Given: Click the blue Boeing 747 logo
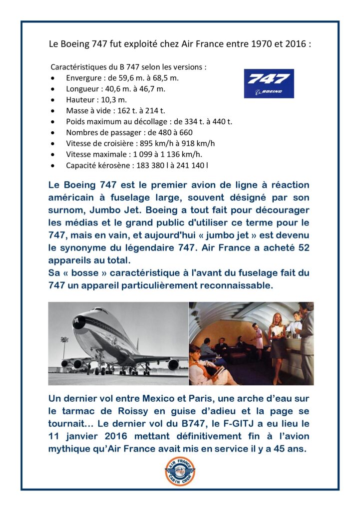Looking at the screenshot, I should coord(269,83).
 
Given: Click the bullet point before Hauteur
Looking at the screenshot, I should coord(53,100).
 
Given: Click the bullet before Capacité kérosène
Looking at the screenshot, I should coord(53,165).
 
